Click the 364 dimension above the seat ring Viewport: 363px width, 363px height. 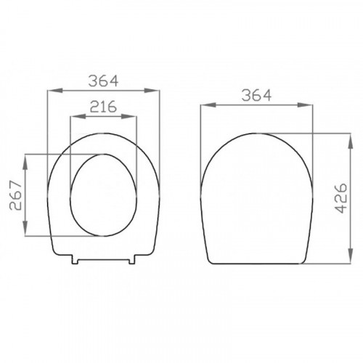point(103,81)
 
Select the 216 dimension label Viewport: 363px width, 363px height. point(103,107)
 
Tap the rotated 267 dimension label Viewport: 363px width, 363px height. point(16,195)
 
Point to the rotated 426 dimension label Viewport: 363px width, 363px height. point(340,198)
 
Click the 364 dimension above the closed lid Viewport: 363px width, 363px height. point(256,95)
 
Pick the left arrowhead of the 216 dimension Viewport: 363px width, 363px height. point(78,116)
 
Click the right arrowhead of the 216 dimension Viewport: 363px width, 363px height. point(129,116)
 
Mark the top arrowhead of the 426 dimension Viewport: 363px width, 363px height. point(350,142)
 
